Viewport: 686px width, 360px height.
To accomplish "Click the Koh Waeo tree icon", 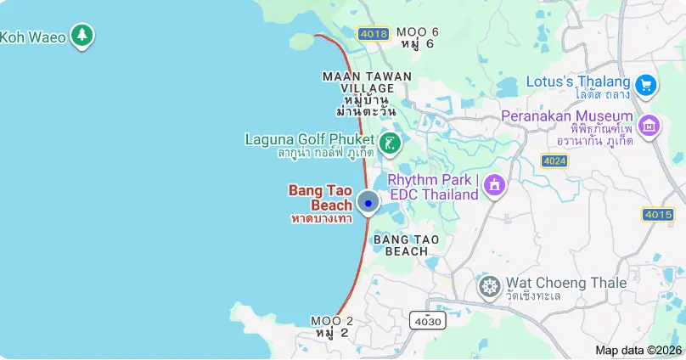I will tap(82, 36).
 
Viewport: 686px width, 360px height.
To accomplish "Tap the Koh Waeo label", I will tap(33, 37).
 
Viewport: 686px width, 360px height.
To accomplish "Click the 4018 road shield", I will tap(374, 34).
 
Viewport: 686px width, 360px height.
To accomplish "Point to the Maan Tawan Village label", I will tap(367, 93).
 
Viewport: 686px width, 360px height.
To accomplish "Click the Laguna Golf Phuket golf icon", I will tap(391, 143).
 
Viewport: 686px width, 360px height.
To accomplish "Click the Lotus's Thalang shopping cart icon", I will tap(646, 84).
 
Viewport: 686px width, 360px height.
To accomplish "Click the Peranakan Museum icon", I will tap(649, 126).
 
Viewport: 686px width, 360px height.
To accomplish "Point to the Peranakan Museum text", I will tap(567, 127).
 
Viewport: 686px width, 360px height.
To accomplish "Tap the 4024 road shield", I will tap(554, 160).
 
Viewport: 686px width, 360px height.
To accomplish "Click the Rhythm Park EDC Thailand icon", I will tap(494, 185).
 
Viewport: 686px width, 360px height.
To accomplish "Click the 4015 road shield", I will tap(658, 215).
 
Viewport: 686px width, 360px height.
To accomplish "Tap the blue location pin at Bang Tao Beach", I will tap(368, 203).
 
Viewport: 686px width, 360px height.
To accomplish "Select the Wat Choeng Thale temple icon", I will tap(489, 286).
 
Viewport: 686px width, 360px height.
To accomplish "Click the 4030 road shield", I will tap(427, 320).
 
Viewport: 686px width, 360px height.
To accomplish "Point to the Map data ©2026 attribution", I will tap(638, 350).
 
